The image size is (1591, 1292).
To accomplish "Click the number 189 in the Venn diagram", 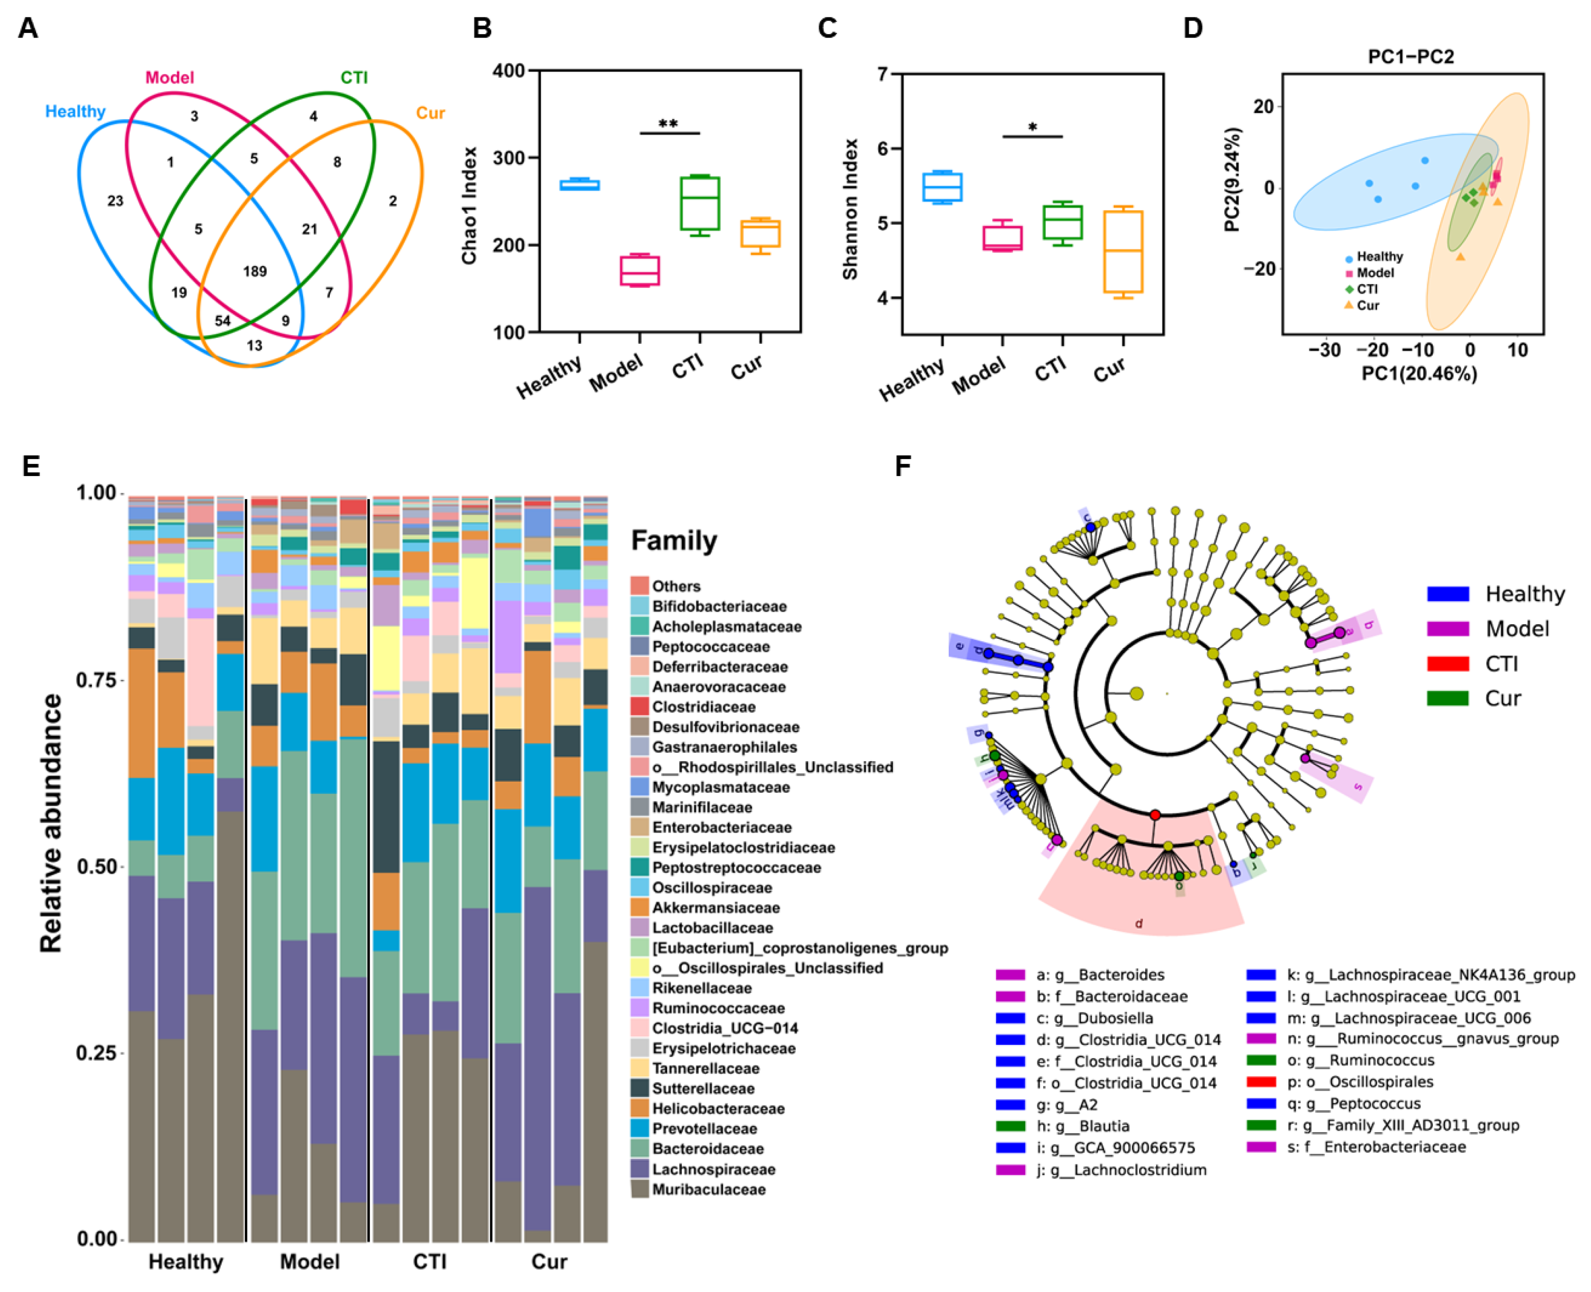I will click(x=255, y=272).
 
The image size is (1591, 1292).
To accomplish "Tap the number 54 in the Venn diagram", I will click(x=222, y=321).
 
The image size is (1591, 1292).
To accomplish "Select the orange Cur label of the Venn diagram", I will click(x=430, y=113).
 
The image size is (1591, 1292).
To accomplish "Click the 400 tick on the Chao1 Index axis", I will click(x=509, y=71).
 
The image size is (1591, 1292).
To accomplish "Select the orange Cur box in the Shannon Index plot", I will click(x=1123, y=251).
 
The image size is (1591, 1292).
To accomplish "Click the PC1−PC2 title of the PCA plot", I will click(x=1411, y=57).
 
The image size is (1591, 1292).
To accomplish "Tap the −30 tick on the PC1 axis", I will click(x=1325, y=350).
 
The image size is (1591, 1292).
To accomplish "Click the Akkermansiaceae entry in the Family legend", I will click(x=716, y=907).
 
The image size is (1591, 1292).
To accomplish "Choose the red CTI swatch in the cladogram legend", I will click(x=1447, y=663).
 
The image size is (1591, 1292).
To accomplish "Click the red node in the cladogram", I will click(x=1155, y=816).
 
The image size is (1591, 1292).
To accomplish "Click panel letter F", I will click(x=902, y=467).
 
